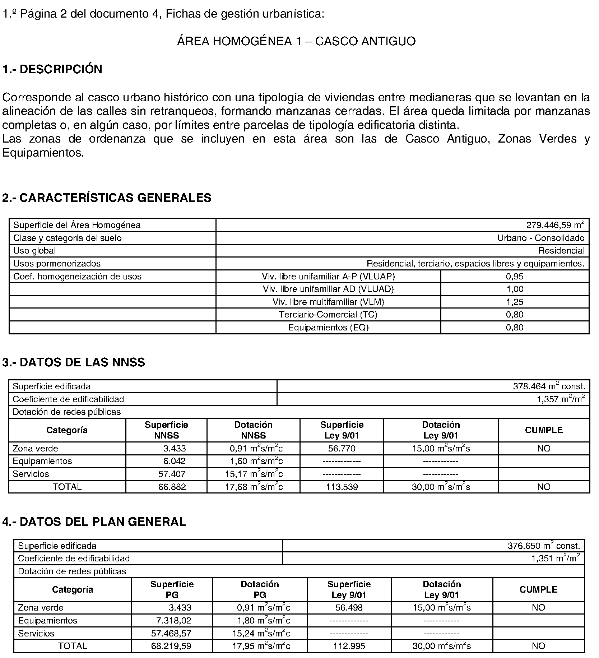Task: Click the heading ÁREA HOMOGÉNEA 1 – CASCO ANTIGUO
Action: click(296, 41)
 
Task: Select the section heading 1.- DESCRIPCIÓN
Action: click(52, 69)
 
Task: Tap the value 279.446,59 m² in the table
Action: click(555, 225)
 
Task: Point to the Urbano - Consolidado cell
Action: click(540, 238)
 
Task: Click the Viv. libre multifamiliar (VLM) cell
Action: click(328, 302)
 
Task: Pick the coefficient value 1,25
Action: click(515, 302)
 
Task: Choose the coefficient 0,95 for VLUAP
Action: click(515, 277)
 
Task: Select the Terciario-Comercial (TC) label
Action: click(328, 315)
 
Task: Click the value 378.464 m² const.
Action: click(549, 386)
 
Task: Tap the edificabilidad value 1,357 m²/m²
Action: click(561, 399)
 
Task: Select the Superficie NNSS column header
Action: click(166, 430)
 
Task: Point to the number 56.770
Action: click(342, 449)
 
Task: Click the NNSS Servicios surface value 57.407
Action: click(172, 474)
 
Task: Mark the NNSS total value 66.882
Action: click(172, 487)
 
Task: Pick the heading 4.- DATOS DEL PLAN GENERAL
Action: click(94, 522)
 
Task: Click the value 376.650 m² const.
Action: click(544, 546)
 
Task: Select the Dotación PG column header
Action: click(260, 590)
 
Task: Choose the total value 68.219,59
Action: click(171, 646)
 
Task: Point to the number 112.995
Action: click(349, 646)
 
